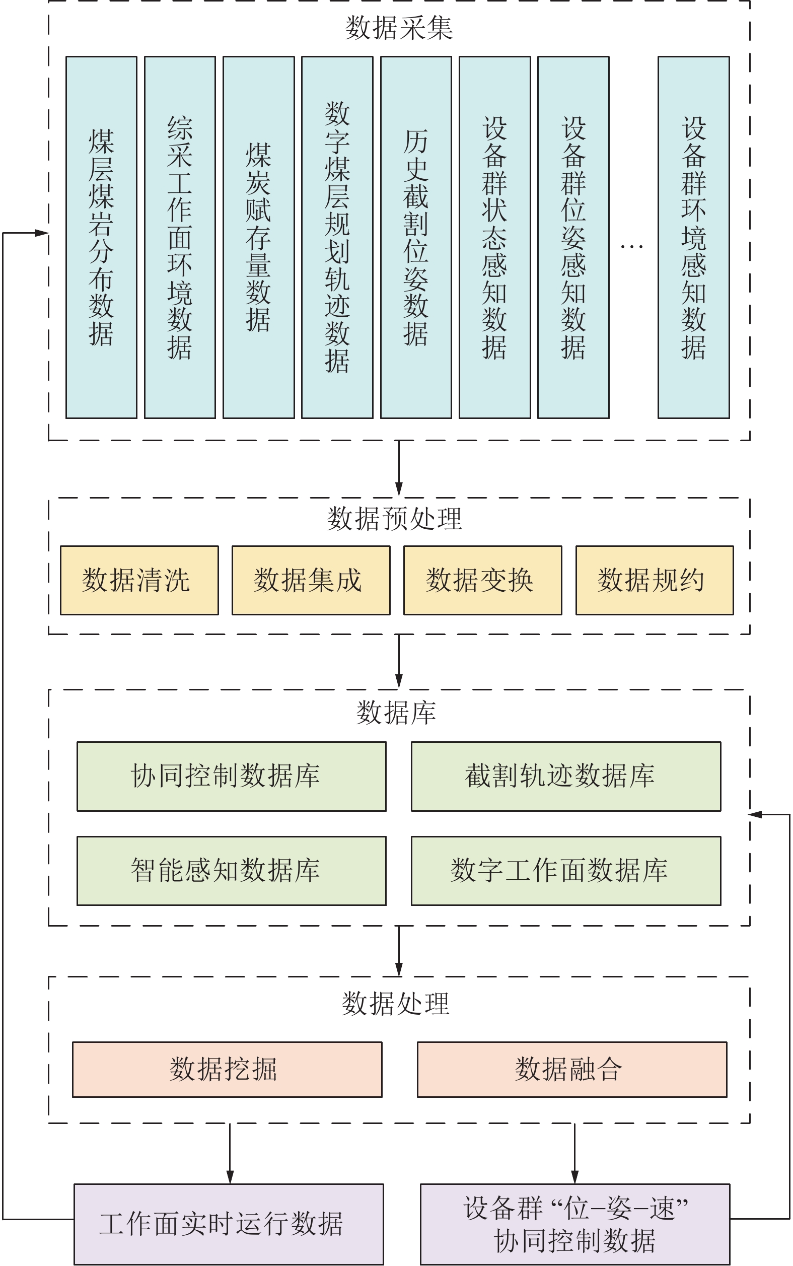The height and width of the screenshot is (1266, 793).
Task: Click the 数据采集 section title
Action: click(x=399, y=28)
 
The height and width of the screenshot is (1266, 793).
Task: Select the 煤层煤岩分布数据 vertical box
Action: click(x=101, y=237)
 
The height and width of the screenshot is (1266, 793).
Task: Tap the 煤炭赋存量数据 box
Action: click(x=259, y=237)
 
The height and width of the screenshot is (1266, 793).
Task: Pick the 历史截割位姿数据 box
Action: click(x=416, y=237)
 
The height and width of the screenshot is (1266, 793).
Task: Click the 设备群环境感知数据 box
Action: click(x=693, y=237)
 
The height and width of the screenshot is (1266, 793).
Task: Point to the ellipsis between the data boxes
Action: click(x=631, y=246)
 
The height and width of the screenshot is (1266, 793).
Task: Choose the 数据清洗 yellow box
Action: click(x=139, y=580)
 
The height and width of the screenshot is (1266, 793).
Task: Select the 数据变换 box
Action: click(x=482, y=580)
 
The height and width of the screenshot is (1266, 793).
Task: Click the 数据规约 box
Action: click(x=655, y=580)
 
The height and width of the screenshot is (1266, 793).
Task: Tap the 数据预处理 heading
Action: click(x=394, y=519)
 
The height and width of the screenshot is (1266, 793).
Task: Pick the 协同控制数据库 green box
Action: click(x=231, y=776)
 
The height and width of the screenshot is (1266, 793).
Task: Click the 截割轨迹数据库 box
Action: click(x=566, y=776)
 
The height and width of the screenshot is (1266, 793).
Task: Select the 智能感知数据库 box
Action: click(x=231, y=871)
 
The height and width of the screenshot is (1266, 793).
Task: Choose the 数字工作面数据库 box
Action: click(x=566, y=871)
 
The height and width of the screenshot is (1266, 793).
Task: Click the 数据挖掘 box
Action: click(x=227, y=1069)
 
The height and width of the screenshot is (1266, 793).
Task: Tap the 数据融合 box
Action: click(x=571, y=1069)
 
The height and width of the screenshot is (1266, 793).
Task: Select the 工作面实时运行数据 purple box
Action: click(x=229, y=1224)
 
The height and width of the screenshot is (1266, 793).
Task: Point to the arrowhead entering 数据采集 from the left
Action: click(x=41, y=233)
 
